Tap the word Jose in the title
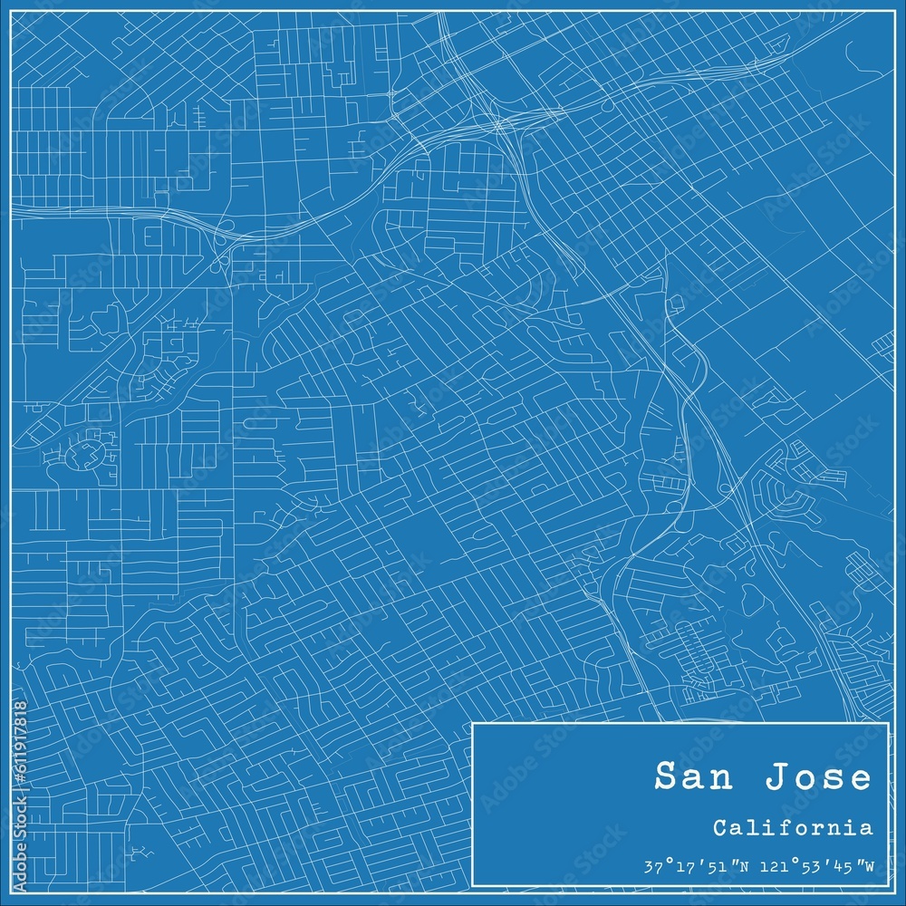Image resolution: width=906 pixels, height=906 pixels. [x=820, y=777]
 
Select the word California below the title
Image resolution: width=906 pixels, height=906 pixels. [x=793, y=827]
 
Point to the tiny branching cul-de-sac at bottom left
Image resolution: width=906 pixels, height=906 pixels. [x=140, y=852]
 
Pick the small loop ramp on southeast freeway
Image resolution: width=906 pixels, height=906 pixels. [x=725, y=489]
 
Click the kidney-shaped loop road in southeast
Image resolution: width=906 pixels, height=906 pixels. [x=752, y=598]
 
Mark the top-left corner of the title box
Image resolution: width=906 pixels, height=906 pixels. [x=474, y=723]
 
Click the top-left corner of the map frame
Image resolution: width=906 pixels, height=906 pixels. [x=12, y=12]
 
